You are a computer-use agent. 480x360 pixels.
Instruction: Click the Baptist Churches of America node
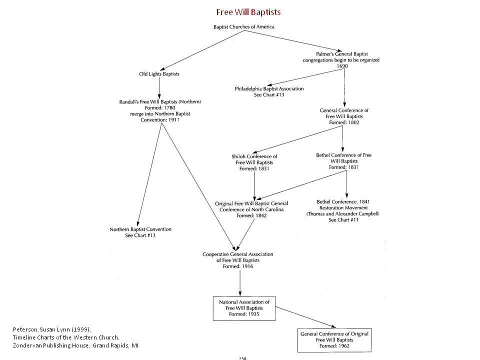click(244, 26)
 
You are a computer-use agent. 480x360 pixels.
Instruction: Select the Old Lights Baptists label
click(159, 74)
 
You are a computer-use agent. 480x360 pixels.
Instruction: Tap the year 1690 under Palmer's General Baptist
click(341, 66)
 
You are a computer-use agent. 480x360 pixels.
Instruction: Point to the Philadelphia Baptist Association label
click(269, 88)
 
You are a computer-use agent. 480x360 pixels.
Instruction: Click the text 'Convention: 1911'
click(159, 119)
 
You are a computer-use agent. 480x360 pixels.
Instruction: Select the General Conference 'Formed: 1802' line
click(343, 122)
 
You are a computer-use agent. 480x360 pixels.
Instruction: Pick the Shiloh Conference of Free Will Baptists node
click(254, 162)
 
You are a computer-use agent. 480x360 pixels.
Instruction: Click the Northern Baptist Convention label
click(140, 229)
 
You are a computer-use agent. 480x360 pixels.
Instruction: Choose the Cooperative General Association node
click(238, 260)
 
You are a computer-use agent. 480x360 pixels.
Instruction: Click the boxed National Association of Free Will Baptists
click(244, 308)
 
